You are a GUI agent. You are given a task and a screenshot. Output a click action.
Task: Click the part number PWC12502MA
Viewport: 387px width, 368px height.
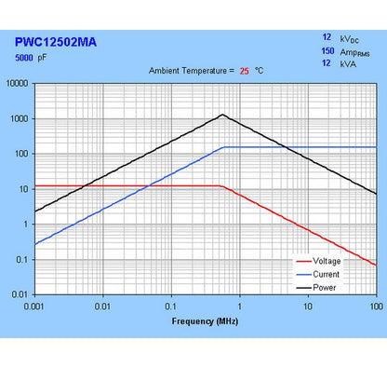(x=56, y=42)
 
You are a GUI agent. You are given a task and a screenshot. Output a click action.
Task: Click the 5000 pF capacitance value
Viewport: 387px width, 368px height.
(x=34, y=58)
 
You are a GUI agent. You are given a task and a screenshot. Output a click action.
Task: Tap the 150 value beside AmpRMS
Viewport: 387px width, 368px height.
(x=327, y=51)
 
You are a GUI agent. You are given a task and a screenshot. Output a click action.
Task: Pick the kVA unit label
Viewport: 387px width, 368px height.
(x=348, y=64)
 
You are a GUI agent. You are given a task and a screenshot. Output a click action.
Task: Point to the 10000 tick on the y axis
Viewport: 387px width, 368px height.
(x=18, y=83)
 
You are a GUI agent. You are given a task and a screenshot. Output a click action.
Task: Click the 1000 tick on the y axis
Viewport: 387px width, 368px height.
(x=20, y=118)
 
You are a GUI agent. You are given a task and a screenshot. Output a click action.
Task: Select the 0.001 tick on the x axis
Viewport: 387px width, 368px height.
(x=35, y=306)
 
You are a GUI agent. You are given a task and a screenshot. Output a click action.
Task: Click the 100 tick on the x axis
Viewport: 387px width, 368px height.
(x=375, y=306)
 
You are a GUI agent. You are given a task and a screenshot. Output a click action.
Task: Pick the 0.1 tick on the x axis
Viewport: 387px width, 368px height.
(x=171, y=306)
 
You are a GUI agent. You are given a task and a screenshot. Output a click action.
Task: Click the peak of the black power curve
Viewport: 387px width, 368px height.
(x=223, y=115)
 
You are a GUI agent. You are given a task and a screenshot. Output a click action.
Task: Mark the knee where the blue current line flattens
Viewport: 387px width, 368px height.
(x=224, y=147)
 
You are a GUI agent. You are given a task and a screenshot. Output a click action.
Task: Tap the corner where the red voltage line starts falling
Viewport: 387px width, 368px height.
(x=222, y=186)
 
